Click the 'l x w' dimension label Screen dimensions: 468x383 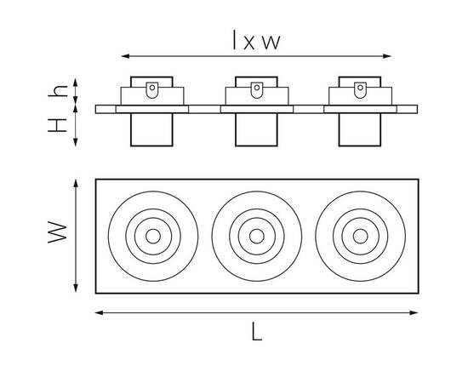(x=256, y=40)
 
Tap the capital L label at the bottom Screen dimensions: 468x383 (x=256, y=331)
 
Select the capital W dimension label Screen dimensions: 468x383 (x=58, y=232)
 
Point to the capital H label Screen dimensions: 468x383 (x=57, y=125)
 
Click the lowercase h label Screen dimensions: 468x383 (x=58, y=91)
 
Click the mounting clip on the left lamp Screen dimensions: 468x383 (x=152, y=90)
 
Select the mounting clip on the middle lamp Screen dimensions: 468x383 (x=257, y=90)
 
